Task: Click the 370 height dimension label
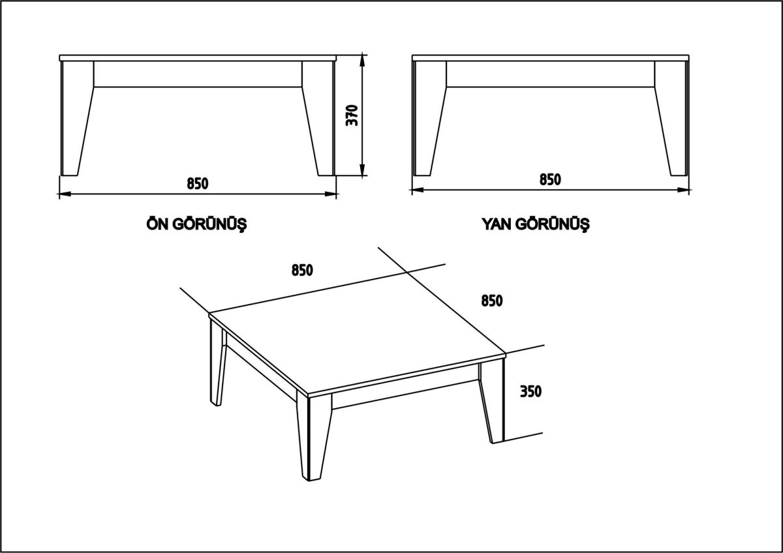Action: pos(352,115)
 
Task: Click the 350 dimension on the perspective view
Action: pos(532,391)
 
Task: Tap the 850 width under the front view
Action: pos(197,183)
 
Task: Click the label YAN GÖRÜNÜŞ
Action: pos(535,224)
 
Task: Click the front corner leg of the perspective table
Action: pos(316,437)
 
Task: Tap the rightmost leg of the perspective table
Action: pos(493,401)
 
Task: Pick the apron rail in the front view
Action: pos(197,74)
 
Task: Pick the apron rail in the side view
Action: pos(550,74)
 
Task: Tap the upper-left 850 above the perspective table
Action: pos(303,269)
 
